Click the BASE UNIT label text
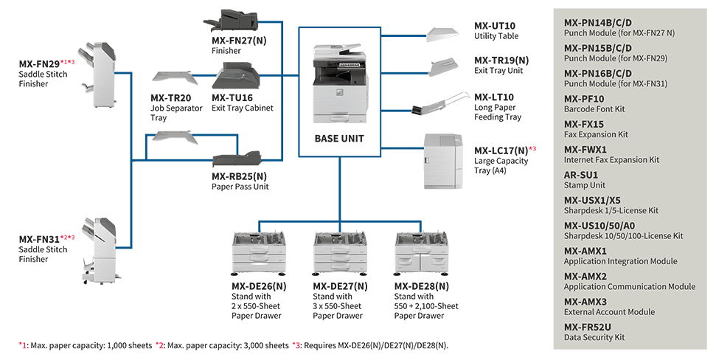(x=339, y=138)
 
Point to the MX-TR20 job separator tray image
(x=172, y=78)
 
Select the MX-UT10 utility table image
(x=445, y=32)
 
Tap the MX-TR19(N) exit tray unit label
(x=501, y=60)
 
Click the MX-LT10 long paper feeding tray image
(x=440, y=103)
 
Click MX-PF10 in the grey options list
(x=584, y=99)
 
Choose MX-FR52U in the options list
(x=588, y=327)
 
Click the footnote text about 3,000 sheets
(x=221, y=345)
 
